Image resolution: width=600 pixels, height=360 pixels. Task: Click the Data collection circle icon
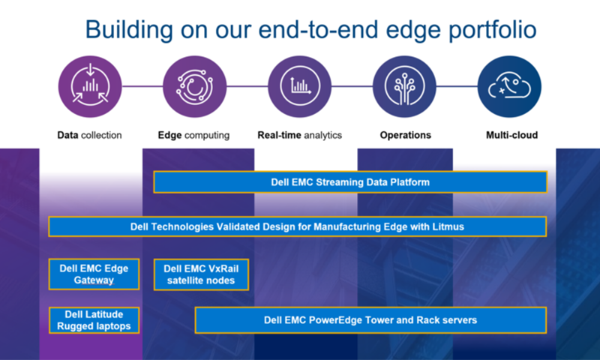(90, 86)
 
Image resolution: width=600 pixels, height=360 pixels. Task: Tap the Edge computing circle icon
(195, 86)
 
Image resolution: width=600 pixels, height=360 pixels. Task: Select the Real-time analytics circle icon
(299, 86)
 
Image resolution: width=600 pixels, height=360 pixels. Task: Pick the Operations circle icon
(404, 86)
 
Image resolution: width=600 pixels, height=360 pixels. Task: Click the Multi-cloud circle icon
(509, 86)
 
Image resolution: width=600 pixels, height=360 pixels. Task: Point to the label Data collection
(89, 135)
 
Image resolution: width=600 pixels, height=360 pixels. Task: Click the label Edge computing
(193, 136)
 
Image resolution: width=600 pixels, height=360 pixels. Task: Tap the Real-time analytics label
(299, 136)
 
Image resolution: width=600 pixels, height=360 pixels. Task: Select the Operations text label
(405, 136)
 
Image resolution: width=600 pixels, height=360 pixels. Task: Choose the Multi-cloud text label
(511, 135)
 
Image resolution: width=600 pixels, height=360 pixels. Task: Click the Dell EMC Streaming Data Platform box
(350, 182)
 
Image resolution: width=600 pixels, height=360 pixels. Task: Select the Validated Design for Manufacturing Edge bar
(297, 226)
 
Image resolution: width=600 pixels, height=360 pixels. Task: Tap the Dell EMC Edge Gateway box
(94, 274)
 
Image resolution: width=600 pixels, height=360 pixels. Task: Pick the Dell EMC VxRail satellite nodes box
(201, 274)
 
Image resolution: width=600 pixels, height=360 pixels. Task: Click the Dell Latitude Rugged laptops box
(94, 320)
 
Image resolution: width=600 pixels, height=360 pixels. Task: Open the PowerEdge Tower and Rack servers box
(370, 320)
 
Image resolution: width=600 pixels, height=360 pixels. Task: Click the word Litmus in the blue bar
(448, 226)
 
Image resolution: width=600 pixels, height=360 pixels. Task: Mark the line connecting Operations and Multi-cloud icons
(457, 86)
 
